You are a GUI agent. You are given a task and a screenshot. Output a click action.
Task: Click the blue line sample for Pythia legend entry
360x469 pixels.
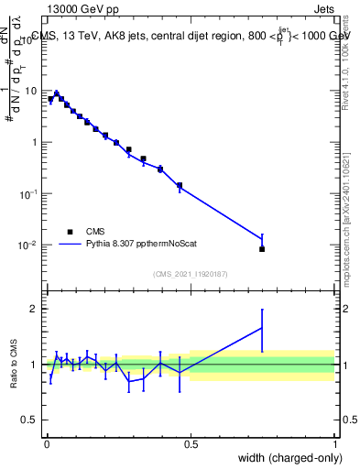(x=70, y=245)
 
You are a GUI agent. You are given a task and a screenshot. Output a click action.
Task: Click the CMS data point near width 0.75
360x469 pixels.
(x=262, y=249)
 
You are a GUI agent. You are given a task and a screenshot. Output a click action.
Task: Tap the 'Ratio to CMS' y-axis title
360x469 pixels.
(x=14, y=364)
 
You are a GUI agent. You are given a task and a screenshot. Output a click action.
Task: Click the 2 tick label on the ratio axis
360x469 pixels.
(x=35, y=309)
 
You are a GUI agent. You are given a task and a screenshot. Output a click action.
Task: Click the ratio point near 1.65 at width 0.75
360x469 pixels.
(x=262, y=328)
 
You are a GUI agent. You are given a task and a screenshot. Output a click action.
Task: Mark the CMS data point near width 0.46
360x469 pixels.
(x=180, y=185)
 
